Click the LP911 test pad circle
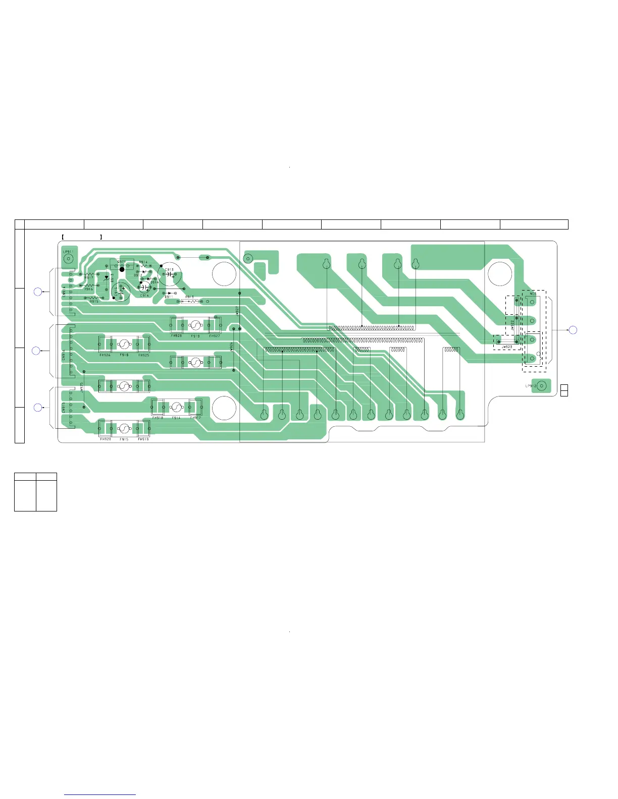(68, 258)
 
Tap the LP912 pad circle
(541, 386)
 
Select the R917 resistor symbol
(89, 274)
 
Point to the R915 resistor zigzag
(93, 298)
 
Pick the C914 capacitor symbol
(144, 287)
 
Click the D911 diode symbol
(169, 293)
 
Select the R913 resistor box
(190, 302)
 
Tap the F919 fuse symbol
(195, 325)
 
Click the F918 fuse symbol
(124, 345)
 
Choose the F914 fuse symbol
(176, 407)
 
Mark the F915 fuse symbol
(124, 428)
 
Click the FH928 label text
(176, 335)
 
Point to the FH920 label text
(105, 439)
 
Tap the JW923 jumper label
(506, 347)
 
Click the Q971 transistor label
(122, 262)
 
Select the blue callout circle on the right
(573, 330)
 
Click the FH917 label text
(195, 418)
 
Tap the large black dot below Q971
(122, 270)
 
